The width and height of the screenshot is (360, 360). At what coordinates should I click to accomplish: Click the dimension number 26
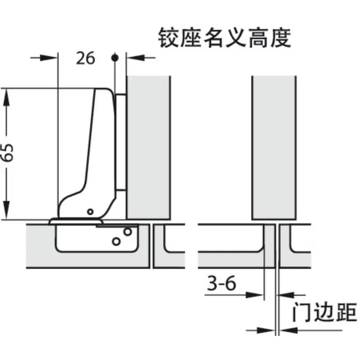tap(85, 58)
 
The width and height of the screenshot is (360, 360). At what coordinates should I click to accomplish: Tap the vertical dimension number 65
tap(7, 153)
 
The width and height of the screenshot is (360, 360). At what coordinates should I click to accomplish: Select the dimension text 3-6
tap(222, 283)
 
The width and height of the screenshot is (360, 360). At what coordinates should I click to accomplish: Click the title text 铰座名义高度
tap(225, 38)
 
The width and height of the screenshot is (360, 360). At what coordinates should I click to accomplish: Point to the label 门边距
tap(325, 312)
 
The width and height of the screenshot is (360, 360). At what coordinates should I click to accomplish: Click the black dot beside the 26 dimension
tap(115, 58)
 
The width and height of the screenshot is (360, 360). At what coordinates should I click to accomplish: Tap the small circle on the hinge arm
tap(91, 211)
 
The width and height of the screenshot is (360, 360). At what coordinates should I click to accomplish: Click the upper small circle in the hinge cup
tap(128, 231)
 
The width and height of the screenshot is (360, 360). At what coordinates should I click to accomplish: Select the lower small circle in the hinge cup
tap(116, 241)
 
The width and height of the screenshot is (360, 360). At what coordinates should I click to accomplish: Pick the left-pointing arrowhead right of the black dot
tap(135, 58)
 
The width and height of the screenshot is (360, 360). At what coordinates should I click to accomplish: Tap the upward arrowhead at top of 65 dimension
tap(6, 98)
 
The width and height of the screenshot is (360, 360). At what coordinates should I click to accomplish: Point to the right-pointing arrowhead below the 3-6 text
tap(255, 295)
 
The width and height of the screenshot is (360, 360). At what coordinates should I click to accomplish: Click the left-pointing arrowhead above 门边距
tap(286, 295)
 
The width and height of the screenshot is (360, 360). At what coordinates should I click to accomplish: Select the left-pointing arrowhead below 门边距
tap(289, 331)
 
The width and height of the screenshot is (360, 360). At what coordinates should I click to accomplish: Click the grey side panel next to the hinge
tap(149, 148)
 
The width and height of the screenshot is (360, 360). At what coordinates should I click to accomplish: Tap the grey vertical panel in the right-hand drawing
tap(274, 148)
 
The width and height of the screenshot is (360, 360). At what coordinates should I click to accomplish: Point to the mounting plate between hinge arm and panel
tap(121, 142)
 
